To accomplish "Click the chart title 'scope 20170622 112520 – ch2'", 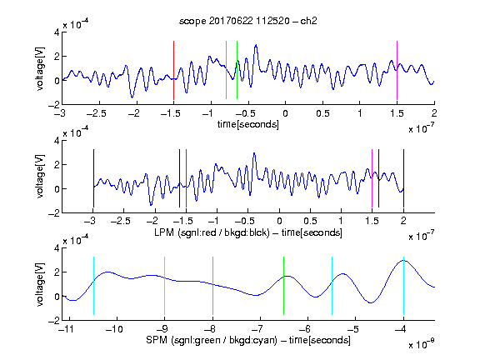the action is click(248, 21).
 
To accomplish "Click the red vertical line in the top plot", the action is click(173, 70).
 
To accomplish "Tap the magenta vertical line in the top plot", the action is click(397, 70).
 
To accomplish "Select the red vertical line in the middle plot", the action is click(186, 178).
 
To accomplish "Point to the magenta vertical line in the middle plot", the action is click(372, 178).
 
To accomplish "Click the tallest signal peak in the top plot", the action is click(256, 45).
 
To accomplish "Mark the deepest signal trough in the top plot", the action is click(132, 97).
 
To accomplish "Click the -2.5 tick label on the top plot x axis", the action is click(97, 113).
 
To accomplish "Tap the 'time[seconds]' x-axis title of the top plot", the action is click(248, 124).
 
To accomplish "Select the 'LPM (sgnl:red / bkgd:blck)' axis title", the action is click(212, 232).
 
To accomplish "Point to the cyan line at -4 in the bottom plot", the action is click(403, 286).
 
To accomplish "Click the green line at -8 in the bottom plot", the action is click(212, 286).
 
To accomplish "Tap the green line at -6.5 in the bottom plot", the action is click(284, 286).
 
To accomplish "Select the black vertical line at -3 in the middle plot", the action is click(93, 178).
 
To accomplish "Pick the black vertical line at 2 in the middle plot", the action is click(403, 178).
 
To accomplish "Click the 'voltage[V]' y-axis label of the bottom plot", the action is click(39, 284).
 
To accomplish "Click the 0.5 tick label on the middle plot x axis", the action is click(310, 221).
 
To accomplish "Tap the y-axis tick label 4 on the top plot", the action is click(57, 32).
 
